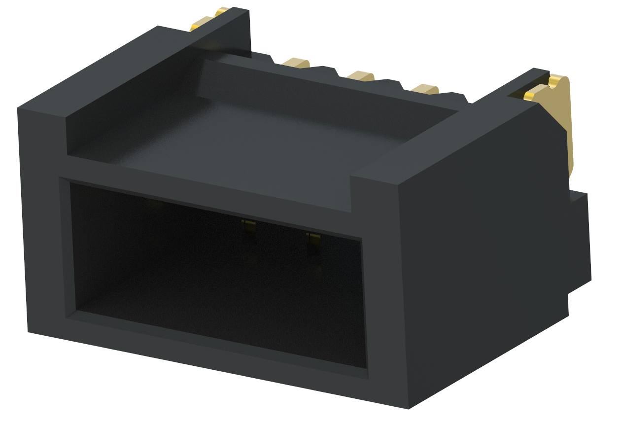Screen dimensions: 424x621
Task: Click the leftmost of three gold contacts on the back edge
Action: (x=295, y=63)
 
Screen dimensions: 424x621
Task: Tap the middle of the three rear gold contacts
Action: (x=360, y=76)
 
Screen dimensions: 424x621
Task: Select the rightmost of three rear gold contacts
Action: (x=424, y=89)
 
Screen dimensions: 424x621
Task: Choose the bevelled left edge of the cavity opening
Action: (x=68, y=247)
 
